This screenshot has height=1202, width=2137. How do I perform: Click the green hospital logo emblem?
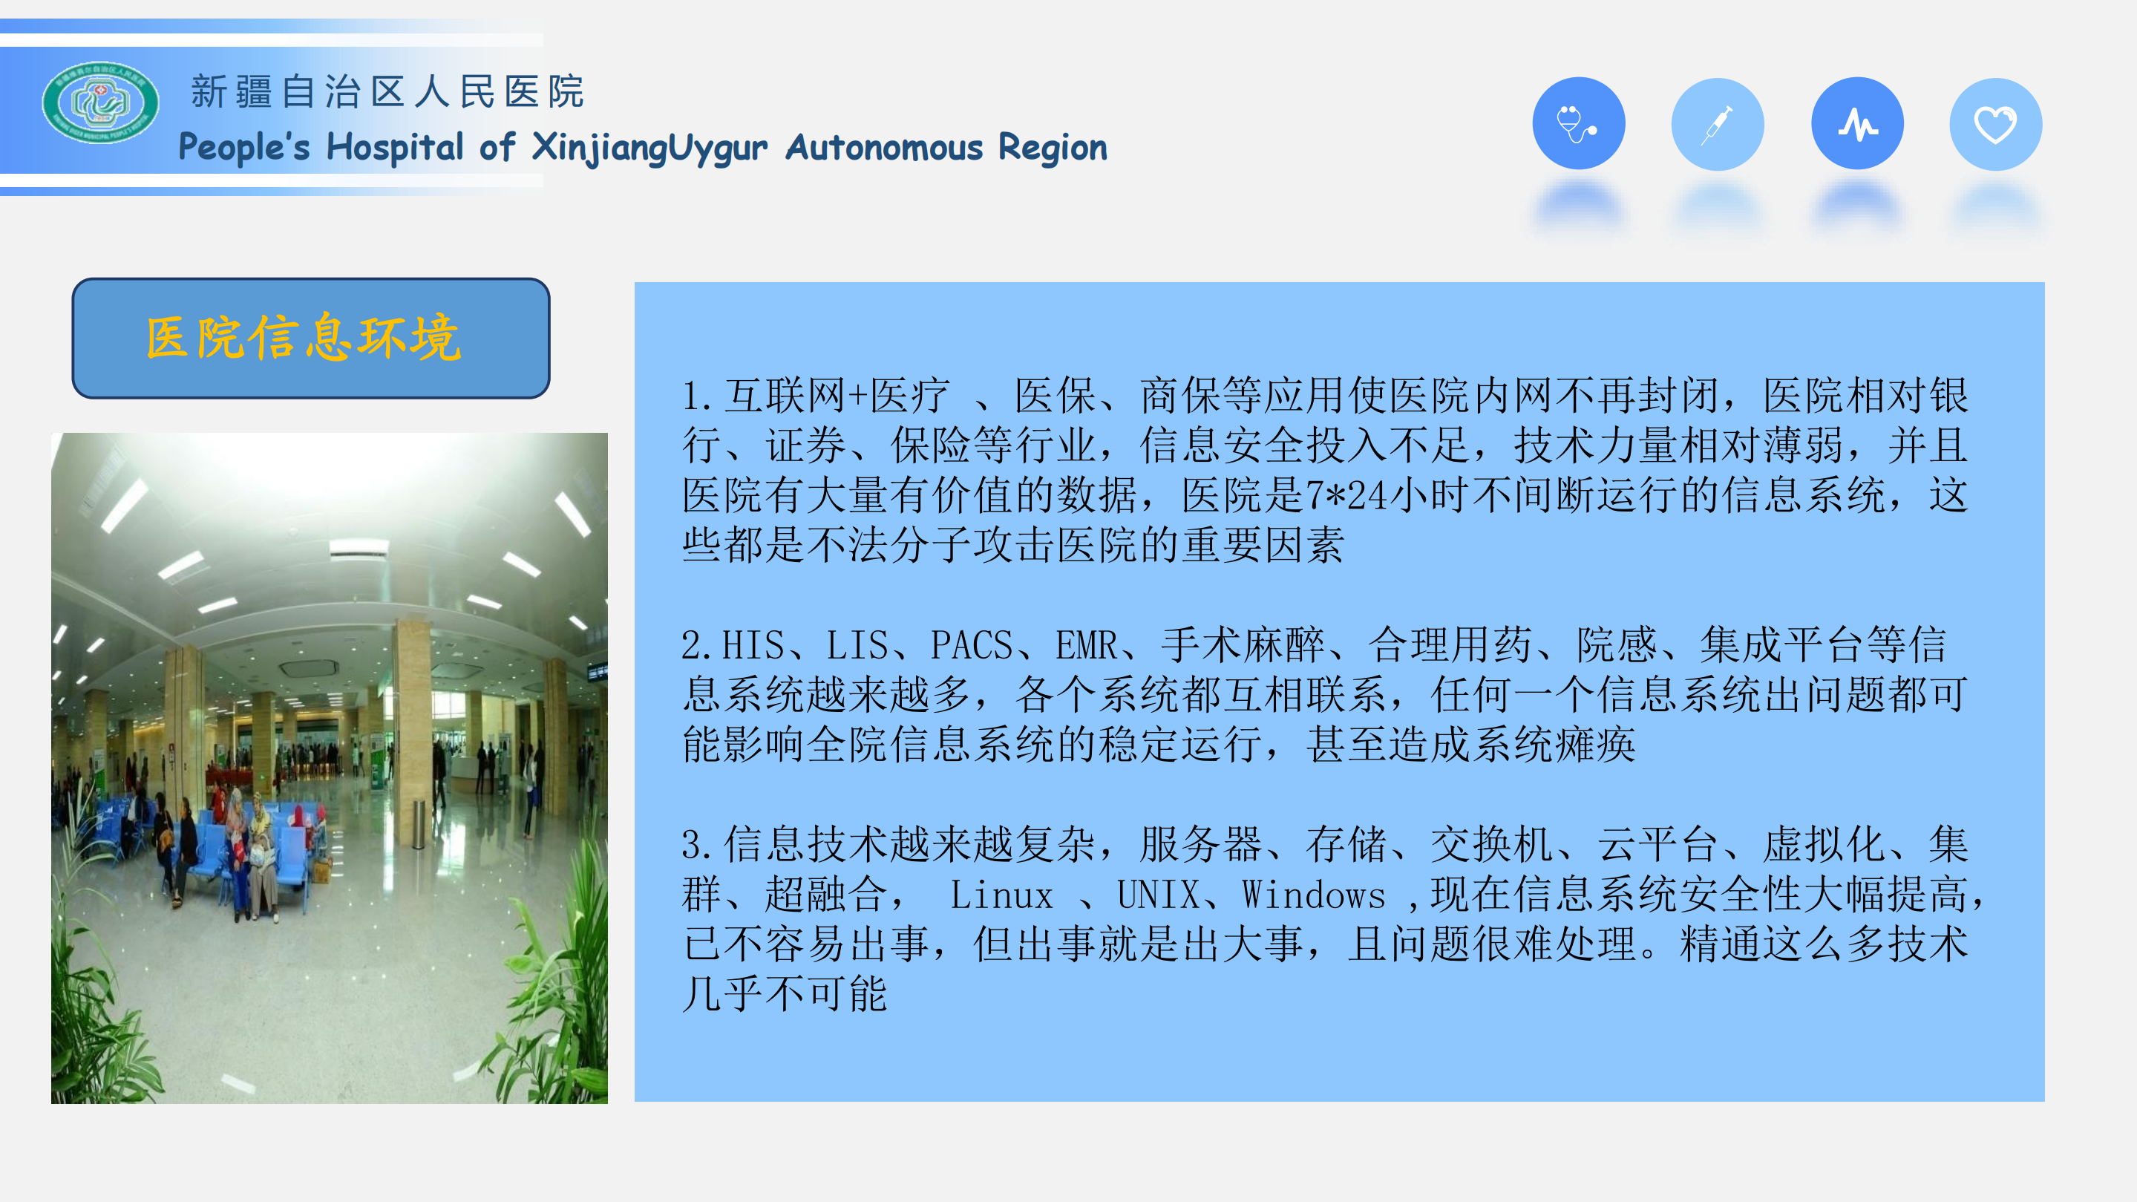[100, 103]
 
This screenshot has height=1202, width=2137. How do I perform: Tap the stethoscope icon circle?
[1578, 123]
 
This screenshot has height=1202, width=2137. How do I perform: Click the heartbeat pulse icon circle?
[1856, 123]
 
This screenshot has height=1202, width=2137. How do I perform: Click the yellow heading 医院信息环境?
[304, 339]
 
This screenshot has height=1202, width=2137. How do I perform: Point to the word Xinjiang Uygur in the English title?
[649, 148]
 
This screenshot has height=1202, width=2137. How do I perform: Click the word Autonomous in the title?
[884, 148]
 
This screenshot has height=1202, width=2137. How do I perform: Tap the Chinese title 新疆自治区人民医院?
[387, 91]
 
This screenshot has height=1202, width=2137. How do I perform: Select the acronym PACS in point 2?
[972, 645]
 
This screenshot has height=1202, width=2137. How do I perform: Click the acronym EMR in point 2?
[1086, 645]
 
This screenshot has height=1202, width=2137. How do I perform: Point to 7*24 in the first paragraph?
[1346, 496]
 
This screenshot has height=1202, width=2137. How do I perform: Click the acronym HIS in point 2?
[753, 645]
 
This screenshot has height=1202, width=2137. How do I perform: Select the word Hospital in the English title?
[395, 148]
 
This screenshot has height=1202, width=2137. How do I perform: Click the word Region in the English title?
[1053, 148]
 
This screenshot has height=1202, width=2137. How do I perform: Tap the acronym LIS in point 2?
[857, 645]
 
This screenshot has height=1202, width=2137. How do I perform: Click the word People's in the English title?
[244, 148]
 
